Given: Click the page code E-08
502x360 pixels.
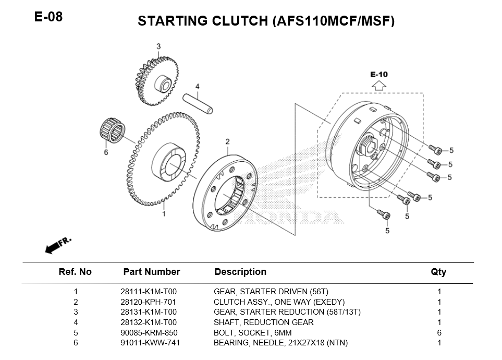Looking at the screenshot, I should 48,17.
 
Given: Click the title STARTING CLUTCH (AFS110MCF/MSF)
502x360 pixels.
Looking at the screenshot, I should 266,21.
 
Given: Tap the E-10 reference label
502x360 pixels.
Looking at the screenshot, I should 379,75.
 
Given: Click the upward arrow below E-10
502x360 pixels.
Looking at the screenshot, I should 379,85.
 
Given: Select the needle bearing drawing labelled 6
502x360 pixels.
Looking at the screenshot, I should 113,130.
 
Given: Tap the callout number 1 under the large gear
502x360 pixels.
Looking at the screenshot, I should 164,213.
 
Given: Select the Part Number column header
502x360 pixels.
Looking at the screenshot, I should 151,272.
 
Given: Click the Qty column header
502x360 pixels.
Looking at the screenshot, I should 438,272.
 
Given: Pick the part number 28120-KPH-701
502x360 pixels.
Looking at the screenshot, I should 148,302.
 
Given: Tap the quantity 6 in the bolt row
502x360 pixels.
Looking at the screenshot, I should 439,332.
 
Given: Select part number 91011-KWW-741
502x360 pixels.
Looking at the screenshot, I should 149,343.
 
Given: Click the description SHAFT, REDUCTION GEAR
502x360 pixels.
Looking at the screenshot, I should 263,322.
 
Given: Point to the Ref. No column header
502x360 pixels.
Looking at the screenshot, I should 75,272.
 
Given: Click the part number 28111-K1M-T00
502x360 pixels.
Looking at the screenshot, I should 148,292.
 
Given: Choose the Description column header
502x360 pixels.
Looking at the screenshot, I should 240,272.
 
